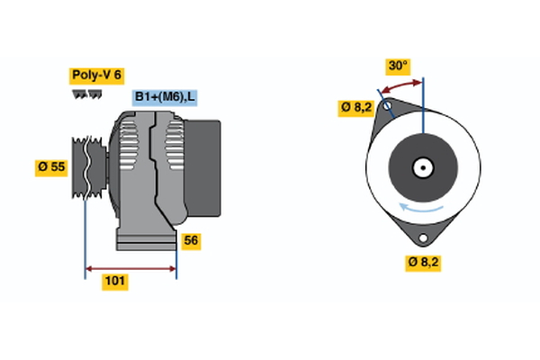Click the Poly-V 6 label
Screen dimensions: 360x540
point(95,76)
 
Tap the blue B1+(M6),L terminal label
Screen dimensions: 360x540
point(166,97)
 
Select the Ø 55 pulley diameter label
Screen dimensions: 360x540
point(51,167)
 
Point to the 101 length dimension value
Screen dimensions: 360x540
point(114,282)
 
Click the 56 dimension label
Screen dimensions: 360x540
point(191,240)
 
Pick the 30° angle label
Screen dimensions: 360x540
point(398,66)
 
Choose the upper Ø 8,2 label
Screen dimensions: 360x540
point(355,108)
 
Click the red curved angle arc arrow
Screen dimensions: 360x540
point(400,87)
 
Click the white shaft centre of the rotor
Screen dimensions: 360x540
point(422,167)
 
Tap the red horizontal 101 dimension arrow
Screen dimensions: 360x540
point(130,267)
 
